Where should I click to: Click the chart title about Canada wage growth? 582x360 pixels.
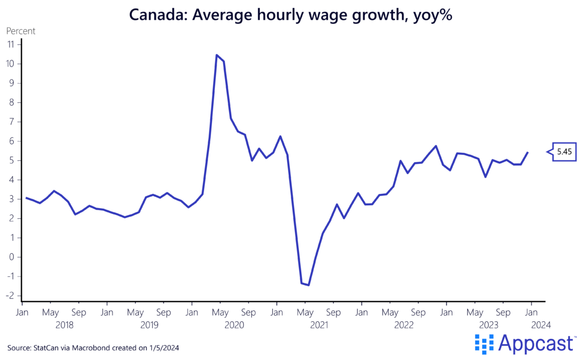(x=290, y=15)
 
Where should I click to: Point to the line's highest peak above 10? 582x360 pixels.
(x=217, y=55)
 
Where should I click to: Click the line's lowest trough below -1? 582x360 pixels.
(x=308, y=285)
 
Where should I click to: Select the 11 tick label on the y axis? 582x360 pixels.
(x=10, y=44)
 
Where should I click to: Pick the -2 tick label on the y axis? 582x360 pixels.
(x=10, y=296)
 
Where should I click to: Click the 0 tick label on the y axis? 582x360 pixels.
(x=11, y=257)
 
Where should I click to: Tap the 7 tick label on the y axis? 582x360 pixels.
(x=11, y=122)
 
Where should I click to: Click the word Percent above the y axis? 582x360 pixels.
(x=20, y=31)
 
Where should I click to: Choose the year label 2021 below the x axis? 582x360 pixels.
(x=319, y=325)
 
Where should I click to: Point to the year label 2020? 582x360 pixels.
(x=234, y=325)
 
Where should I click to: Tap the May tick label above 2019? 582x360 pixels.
(x=135, y=312)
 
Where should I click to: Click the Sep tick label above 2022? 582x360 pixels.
(x=418, y=312)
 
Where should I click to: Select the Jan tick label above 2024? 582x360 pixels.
(x=531, y=312)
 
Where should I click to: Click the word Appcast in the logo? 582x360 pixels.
(x=536, y=344)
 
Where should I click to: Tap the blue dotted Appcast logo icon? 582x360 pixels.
(x=484, y=344)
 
